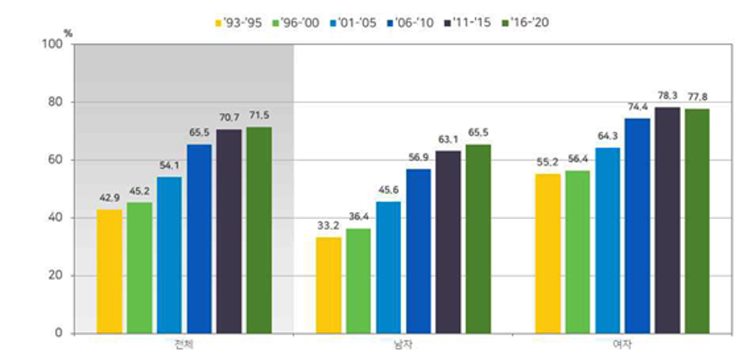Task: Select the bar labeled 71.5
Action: tap(259, 230)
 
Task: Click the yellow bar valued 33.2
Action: tap(329, 285)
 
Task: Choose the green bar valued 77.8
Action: tap(697, 221)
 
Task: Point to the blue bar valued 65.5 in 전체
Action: tap(199, 238)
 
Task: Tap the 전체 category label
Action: tap(184, 345)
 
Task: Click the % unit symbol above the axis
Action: tap(68, 33)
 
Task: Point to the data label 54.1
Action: tap(169, 165)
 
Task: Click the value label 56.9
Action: tap(418, 157)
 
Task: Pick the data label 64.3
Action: tap(608, 136)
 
